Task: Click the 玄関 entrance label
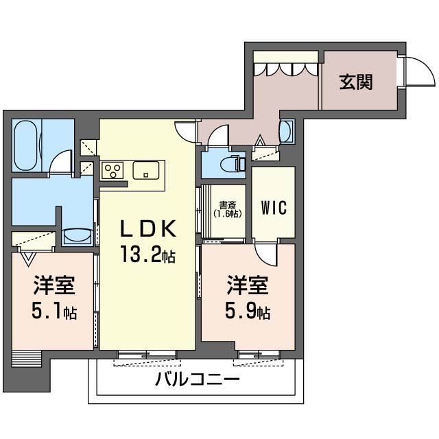click(x=356, y=82)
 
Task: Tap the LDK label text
click(x=148, y=228)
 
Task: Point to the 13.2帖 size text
click(x=148, y=254)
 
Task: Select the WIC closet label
click(x=274, y=207)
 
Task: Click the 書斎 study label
click(x=227, y=205)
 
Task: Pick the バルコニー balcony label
click(x=198, y=379)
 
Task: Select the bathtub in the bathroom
click(x=26, y=145)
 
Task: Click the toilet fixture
click(x=233, y=165)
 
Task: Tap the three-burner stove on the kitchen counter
click(x=112, y=170)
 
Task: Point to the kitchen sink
click(x=145, y=170)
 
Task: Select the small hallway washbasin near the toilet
click(x=287, y=132)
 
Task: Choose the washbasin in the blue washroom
click(x=78, y=236)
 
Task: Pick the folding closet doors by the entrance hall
click(x=286, y=69)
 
